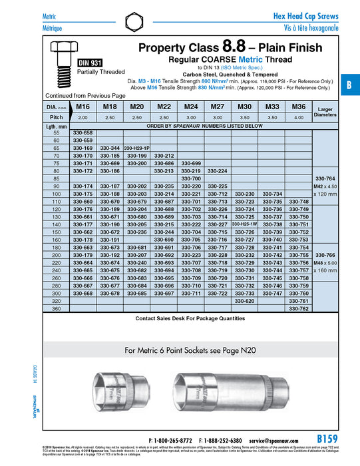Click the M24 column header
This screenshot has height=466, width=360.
pyautogui.click(x=191, y=107)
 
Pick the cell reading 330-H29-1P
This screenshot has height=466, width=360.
pyautogui.click(x=136, y=148)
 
